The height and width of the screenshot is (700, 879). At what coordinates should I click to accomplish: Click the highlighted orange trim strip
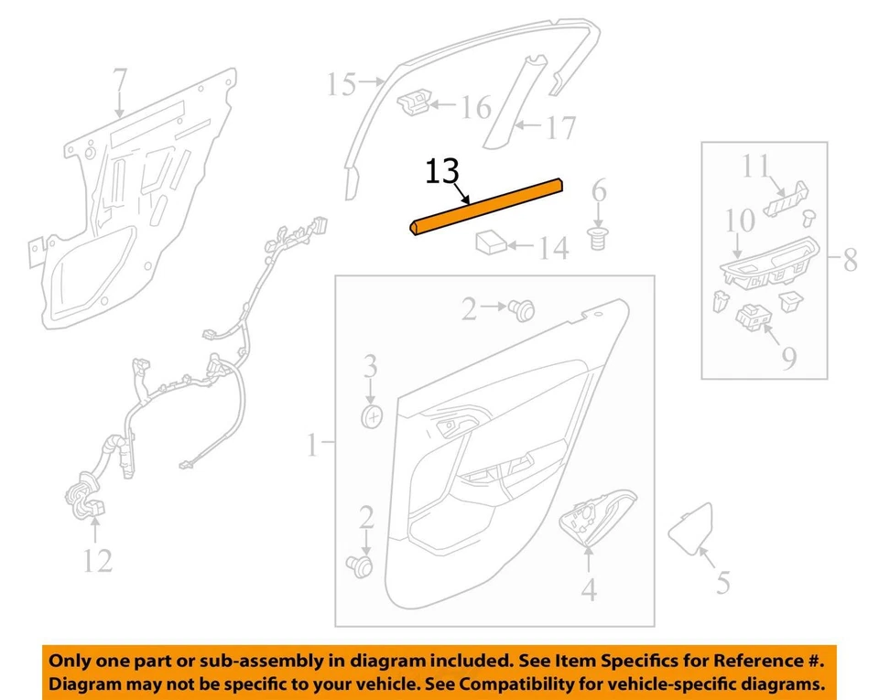[x=485, y=209]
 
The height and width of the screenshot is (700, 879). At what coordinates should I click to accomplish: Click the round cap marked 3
[x=371, y=416]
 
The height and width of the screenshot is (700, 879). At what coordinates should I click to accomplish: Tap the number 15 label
[x=341, y=86]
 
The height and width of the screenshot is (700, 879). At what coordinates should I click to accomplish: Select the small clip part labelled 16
[x=414, y=104]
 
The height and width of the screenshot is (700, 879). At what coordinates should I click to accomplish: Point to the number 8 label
[x=850, y=261]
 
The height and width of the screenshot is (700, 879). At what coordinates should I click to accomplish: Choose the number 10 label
[x=740, y=222]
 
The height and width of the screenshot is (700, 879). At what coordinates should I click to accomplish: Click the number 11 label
[x=755, y=167]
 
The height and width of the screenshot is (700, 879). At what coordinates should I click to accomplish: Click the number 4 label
[x=588, y=590]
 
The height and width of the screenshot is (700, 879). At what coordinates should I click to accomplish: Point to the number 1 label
[x=311, y=446]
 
